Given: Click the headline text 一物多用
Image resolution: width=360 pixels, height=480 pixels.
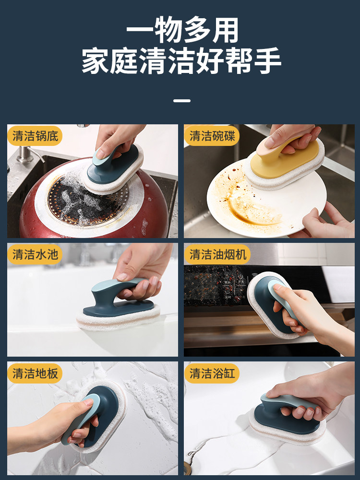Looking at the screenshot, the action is coord(182,30).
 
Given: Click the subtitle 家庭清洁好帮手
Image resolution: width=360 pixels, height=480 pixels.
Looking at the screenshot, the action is coord(181,60).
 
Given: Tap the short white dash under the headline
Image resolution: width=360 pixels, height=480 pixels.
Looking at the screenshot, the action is coord(182,100).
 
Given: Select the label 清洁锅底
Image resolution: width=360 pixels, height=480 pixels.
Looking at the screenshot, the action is coord(35,136).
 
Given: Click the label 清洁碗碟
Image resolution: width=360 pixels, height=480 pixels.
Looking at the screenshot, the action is coord(212,136).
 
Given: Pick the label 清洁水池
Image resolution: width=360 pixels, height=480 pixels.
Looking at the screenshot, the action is coord(35,254).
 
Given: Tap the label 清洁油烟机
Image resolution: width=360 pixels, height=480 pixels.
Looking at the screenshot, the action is coord(217,254).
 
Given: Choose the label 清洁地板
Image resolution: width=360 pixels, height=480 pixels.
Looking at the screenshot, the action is coord(35,373).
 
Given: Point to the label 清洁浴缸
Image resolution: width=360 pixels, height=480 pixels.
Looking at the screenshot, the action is coord(212,373).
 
